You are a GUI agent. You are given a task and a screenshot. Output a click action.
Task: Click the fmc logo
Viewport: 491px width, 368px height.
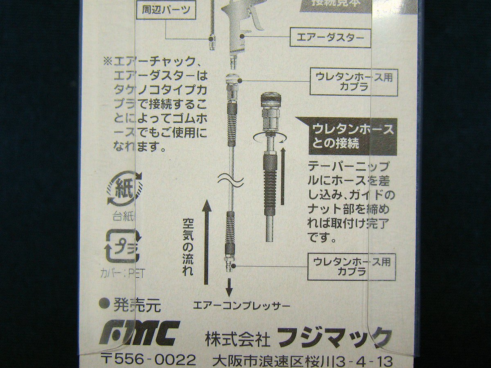point(139,333)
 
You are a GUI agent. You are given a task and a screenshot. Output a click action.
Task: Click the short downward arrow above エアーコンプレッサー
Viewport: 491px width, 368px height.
point(229,287)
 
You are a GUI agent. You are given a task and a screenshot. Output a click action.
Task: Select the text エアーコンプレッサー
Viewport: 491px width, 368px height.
point(241,305)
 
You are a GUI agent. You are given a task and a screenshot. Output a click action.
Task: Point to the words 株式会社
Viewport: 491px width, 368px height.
point(237,339)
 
